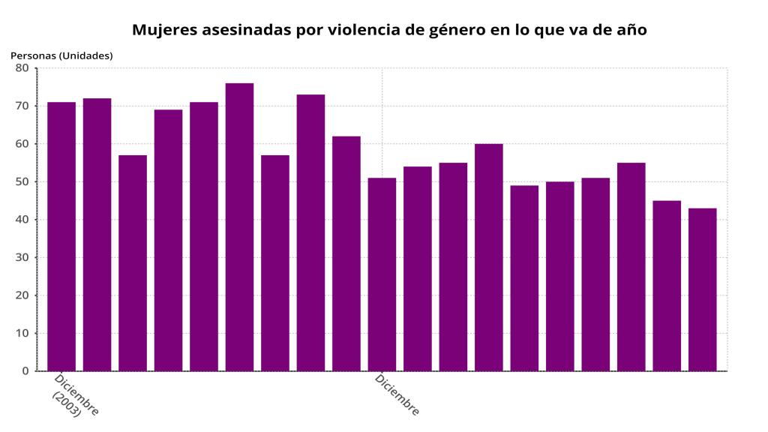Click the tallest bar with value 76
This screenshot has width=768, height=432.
click(239, 226)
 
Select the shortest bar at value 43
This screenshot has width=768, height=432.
click(703, 289)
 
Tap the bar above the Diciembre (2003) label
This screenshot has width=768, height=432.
click(61, 236)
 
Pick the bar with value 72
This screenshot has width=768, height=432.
click(97, 234)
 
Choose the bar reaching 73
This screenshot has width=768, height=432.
click(310, 232)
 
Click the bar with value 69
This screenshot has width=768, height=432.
click(168, 240)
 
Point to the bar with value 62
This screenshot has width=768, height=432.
click(346, 253)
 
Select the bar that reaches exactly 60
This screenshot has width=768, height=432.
click(489, 257)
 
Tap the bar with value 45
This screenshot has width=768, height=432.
click(667, 286)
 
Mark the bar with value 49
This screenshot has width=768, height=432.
click(524, 278)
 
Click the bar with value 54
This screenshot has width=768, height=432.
click(418, 268)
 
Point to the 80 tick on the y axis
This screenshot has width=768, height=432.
click(22, 68)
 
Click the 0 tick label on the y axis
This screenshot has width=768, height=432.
click(25, 371)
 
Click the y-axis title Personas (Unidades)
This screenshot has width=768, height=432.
click(61, 55)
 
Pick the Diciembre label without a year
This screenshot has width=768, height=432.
click(397, 394)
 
